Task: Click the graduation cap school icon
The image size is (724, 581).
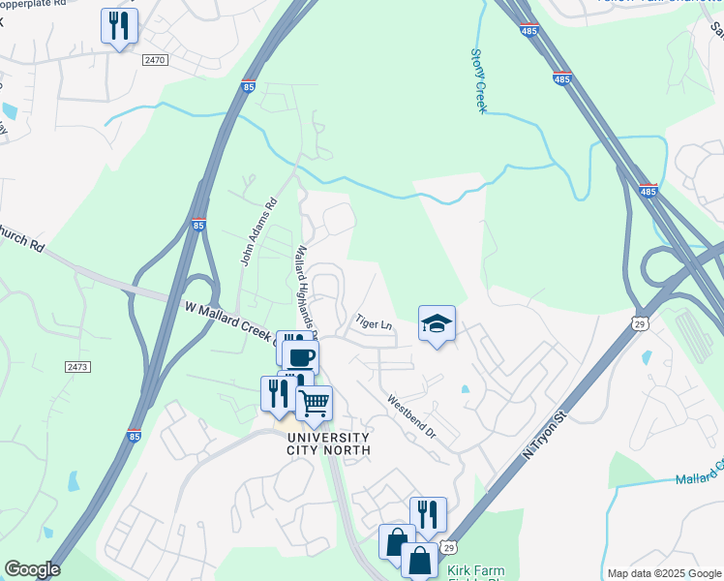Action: coord(437,324)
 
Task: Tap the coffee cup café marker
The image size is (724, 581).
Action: coord(300,356)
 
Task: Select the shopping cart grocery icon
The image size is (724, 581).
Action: coord(314,403)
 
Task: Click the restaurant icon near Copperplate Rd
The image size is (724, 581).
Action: coord(119,26)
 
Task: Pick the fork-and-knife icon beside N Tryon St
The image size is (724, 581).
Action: coord(428,515)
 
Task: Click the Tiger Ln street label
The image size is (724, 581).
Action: coord(373,321)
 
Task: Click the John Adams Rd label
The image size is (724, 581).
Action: coord(258,232)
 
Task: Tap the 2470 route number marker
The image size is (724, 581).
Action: coord(155,59)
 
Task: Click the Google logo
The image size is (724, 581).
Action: coord(31,569)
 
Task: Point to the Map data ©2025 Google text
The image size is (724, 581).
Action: coord(663,573)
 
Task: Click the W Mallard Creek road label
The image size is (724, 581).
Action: coord(227,319)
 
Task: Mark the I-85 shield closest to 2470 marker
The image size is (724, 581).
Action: coord(249,85)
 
